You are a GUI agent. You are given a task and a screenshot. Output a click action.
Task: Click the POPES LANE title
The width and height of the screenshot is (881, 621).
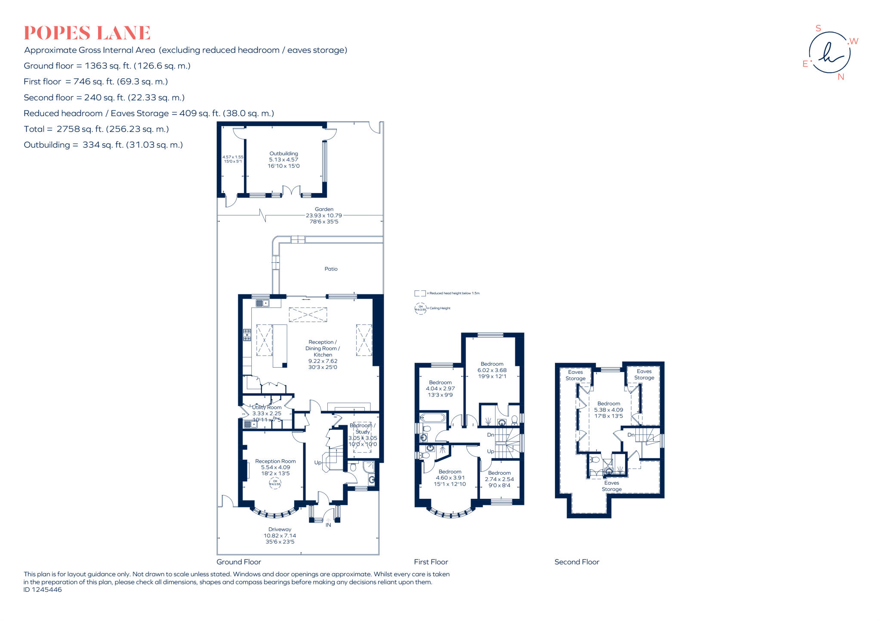tap(87, 33)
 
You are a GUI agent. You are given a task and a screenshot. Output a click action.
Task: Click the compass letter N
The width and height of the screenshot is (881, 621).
tap(841, 77)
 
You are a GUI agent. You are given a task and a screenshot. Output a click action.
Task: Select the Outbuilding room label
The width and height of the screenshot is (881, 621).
tap(283, 154)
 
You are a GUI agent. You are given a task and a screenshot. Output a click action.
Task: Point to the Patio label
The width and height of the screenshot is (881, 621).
tap(331, 269)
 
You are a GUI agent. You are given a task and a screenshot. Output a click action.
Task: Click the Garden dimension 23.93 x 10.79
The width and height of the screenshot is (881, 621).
tap(323, 215)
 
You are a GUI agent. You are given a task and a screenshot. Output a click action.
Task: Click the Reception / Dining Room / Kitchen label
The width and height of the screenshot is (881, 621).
tap(323, 348)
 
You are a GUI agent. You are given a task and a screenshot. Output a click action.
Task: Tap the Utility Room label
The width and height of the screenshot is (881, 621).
tap(267, 407)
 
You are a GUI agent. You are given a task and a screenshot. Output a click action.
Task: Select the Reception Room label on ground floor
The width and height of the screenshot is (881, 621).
tap(275, 461)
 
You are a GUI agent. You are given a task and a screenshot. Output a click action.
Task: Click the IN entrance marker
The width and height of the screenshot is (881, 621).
tap(328, 525)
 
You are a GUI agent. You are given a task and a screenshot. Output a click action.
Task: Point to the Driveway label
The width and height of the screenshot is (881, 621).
tap(280, 529)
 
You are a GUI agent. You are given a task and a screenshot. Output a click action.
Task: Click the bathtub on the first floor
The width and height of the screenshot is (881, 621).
tap(434, 417)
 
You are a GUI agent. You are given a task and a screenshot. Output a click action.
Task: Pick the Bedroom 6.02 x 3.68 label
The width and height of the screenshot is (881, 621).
tap(492, 364)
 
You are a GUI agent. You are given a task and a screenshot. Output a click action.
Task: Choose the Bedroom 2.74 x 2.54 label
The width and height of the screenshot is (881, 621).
tap(499, 473)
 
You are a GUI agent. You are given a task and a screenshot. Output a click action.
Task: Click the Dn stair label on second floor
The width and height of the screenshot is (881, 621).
tap(631, 435)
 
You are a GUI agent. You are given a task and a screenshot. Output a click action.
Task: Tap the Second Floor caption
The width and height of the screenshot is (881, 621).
tap(576, 562)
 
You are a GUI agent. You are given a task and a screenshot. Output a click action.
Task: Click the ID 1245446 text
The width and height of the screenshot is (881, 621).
tap(43, 590)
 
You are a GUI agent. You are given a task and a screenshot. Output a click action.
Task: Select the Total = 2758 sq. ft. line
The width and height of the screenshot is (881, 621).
tap(96, 129)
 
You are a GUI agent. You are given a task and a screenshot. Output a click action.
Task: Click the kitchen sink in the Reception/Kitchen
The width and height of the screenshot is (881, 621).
tap(262, 303)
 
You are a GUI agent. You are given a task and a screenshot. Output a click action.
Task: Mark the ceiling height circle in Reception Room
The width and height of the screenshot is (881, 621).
tap(275, 483)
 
